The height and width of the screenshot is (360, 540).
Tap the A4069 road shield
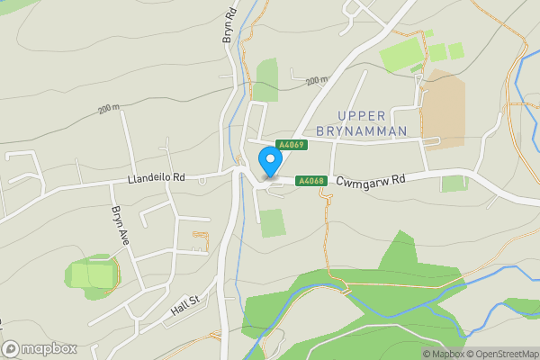tap(292, 145)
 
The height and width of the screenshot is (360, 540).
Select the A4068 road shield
tap(311, 181)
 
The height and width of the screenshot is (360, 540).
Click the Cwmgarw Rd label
tap(373, 180)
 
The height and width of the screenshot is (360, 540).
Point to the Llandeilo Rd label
tap(155, 178)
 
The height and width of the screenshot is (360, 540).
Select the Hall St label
tap(183, 309)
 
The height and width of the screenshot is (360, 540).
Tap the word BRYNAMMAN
tap(370, 131)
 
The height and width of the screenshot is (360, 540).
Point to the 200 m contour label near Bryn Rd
tap(109, 109)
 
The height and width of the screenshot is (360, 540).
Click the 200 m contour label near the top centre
tap(316, 81)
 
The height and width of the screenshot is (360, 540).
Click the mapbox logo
tap(40, 348)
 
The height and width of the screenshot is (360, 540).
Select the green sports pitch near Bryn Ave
tap(93, 275)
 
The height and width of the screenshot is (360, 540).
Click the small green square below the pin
tap(273, 222)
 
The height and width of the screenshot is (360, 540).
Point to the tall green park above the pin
tap(266, 79)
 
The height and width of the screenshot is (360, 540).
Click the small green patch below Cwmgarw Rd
tap(454, 184)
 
